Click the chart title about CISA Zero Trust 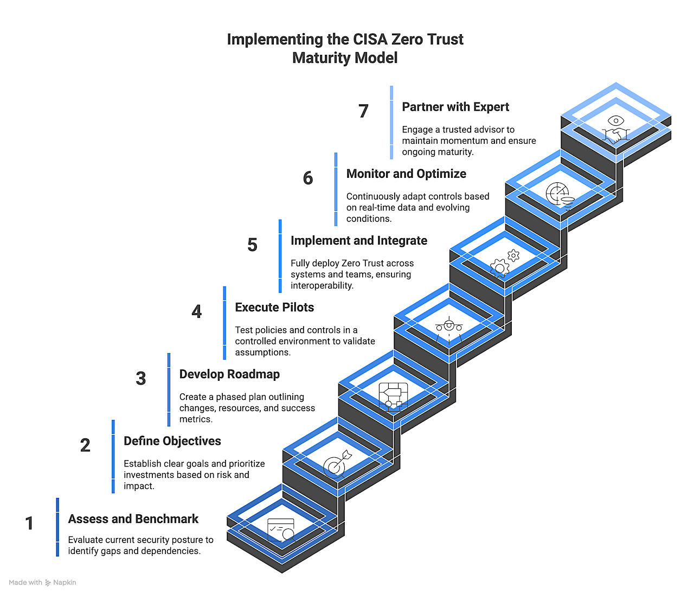point(345,48)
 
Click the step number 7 point(363,111)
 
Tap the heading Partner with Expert point(455,107)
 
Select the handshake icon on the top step point(616,130)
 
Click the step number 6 point(307,178)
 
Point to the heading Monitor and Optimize point(406,174)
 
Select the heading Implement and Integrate point(358,240)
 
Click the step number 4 point(196,311)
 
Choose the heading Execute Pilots point(274,307)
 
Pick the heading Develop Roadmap point(229,374)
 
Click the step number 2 point(85,445)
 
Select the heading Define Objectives point(172,441)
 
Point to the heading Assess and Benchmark point(133,519)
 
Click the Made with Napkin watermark point(42,583)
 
